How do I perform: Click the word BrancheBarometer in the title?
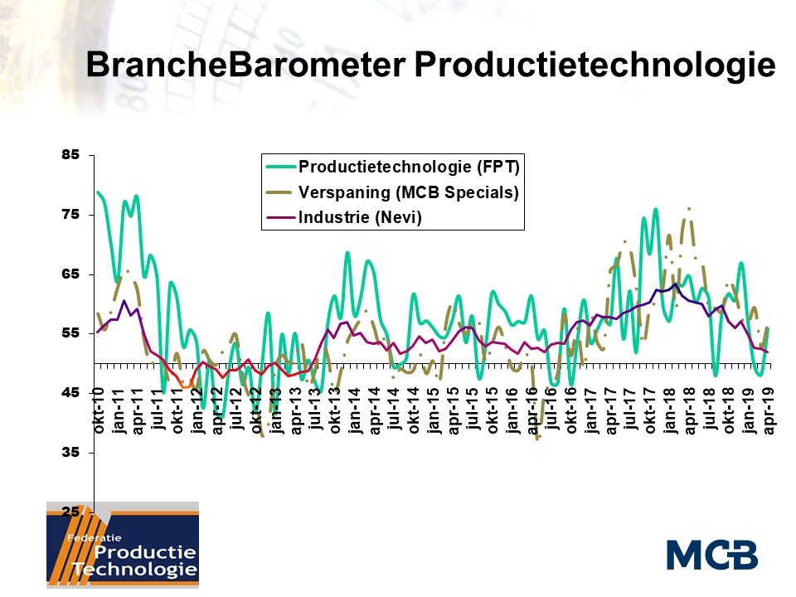tap(244, 65)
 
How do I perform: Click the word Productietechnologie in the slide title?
tap(595, 65)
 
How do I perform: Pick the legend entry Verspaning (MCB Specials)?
tap(408, 192)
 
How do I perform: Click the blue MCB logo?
tap(711, 554)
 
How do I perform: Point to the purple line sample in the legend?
tap(279, 219)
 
